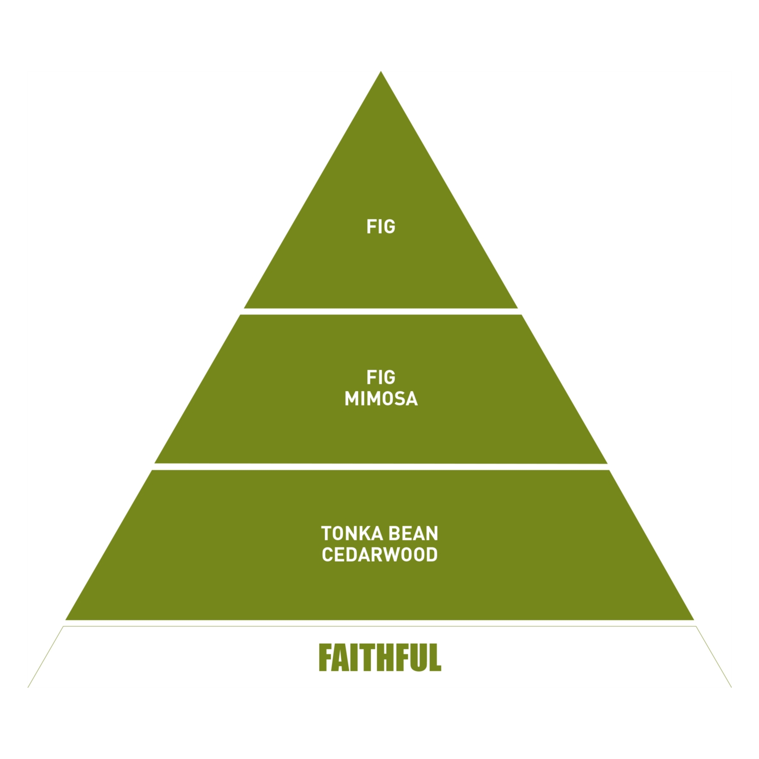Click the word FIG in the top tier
tap(381, 227)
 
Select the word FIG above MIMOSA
tap(381, 377)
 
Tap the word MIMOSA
tap(381, 399)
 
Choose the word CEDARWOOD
tap(379, 555)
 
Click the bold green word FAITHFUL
tap(380, 657)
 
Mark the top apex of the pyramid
tap(381, 72)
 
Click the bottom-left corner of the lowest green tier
tap(67, 619)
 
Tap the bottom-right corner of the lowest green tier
tap(692, 619)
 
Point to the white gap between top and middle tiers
tap(381, 311)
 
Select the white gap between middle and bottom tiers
tap(381, 467)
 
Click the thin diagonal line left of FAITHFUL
tap(46, 657)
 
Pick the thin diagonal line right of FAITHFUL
tap(713, 657)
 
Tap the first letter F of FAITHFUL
tap(325, 657)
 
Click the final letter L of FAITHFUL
tap(435, 657)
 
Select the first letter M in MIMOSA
tap(352, 399)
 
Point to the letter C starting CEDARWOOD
tap(327, 555)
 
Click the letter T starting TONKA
tap(326, 533)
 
